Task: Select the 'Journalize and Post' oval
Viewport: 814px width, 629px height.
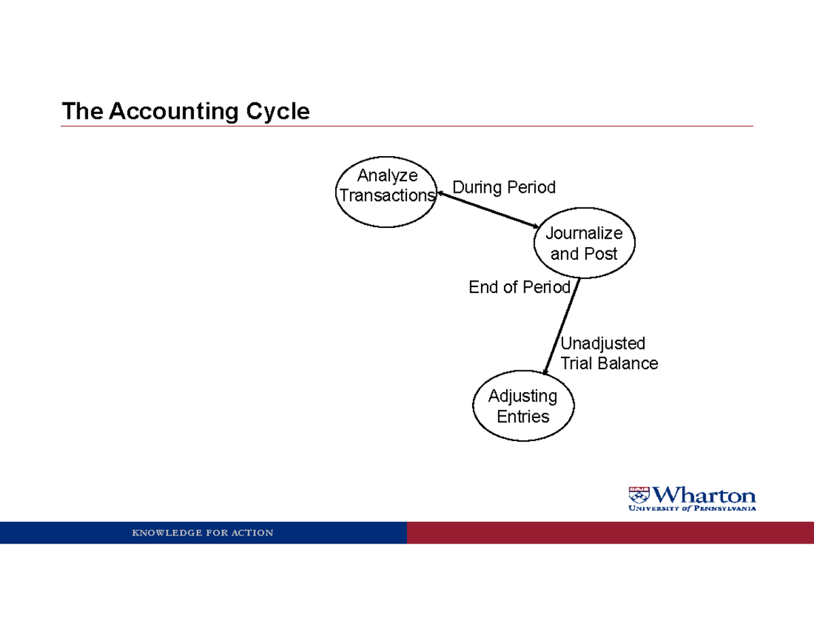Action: (583, 243)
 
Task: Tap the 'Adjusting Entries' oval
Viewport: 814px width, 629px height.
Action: (522, 405)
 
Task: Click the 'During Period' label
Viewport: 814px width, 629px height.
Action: (504, 187)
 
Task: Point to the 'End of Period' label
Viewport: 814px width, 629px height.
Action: (520, 288)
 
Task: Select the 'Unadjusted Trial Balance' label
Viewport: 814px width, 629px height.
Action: (608, 354)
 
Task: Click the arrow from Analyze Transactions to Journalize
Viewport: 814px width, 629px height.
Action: (488, 210)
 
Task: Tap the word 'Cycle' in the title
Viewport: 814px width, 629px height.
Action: (278, 111)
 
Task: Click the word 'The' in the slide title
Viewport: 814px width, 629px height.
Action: (82, 111)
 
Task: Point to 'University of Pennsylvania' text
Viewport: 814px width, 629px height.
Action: (692, 508)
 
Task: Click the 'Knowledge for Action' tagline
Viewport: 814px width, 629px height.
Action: (203, 533)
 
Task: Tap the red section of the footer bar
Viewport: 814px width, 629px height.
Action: (610, 533)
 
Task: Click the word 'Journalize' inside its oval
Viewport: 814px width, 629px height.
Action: (584, 233)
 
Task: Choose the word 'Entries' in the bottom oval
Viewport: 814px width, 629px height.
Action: (523, 416)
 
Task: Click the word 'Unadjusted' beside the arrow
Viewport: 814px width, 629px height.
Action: (602, 343)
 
